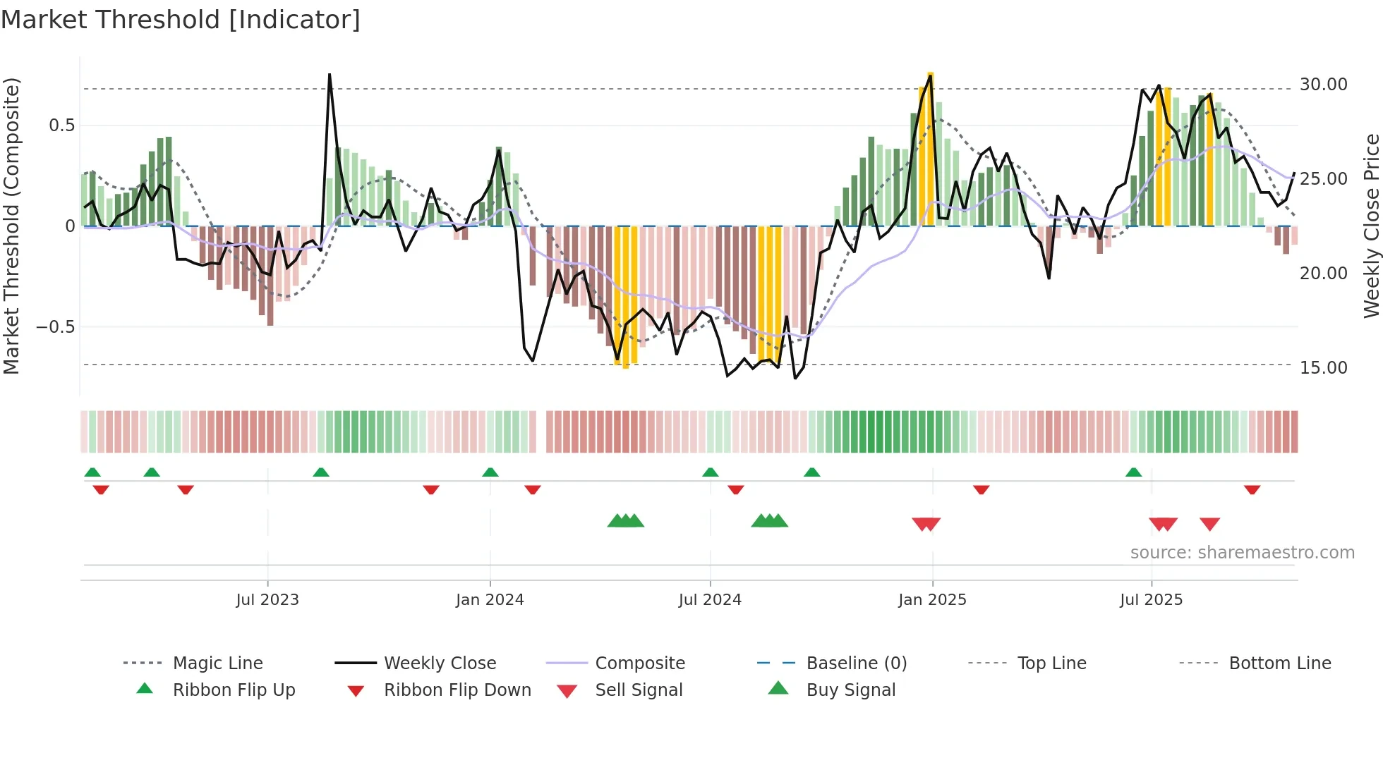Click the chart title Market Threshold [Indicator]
181,20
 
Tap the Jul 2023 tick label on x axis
267,600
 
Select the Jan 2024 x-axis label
490,600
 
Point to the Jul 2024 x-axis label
710,600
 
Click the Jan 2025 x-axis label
932,600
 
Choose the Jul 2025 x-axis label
1151,600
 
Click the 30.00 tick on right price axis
1323,85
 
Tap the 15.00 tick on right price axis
1323,368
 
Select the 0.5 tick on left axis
61,126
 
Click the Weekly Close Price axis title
1371,226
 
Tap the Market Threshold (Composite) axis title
12,226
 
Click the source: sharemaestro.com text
1242,553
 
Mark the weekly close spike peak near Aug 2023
330,75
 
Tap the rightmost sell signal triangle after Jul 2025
1209,524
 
